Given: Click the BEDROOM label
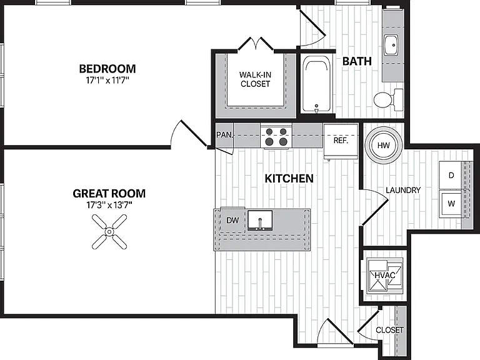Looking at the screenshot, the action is (107, 69).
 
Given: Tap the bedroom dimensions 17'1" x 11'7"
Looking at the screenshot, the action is (107, 81).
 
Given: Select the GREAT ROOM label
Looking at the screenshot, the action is (109, 194).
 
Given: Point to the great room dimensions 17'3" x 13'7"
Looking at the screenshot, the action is (109, 205).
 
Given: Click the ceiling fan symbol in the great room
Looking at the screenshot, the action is (109, 232).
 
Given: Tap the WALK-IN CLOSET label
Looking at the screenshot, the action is (255, 79).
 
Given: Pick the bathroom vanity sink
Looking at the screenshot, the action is (391, 45).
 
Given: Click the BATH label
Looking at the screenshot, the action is (357, 61).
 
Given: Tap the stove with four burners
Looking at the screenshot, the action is (276, 136).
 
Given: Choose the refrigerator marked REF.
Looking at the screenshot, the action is (341, 141).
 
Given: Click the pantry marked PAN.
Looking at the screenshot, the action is (224, 135).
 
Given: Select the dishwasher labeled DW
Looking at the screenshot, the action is (232, 220).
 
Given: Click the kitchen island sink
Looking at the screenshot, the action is (260, 221).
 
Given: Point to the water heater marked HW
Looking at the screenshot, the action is (384, 145).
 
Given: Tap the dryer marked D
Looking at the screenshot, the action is (451, 175).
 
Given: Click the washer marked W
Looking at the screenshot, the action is (451, 204).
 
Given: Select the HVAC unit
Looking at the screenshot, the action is (385, 275).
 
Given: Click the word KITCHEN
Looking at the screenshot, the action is (289, 179).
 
